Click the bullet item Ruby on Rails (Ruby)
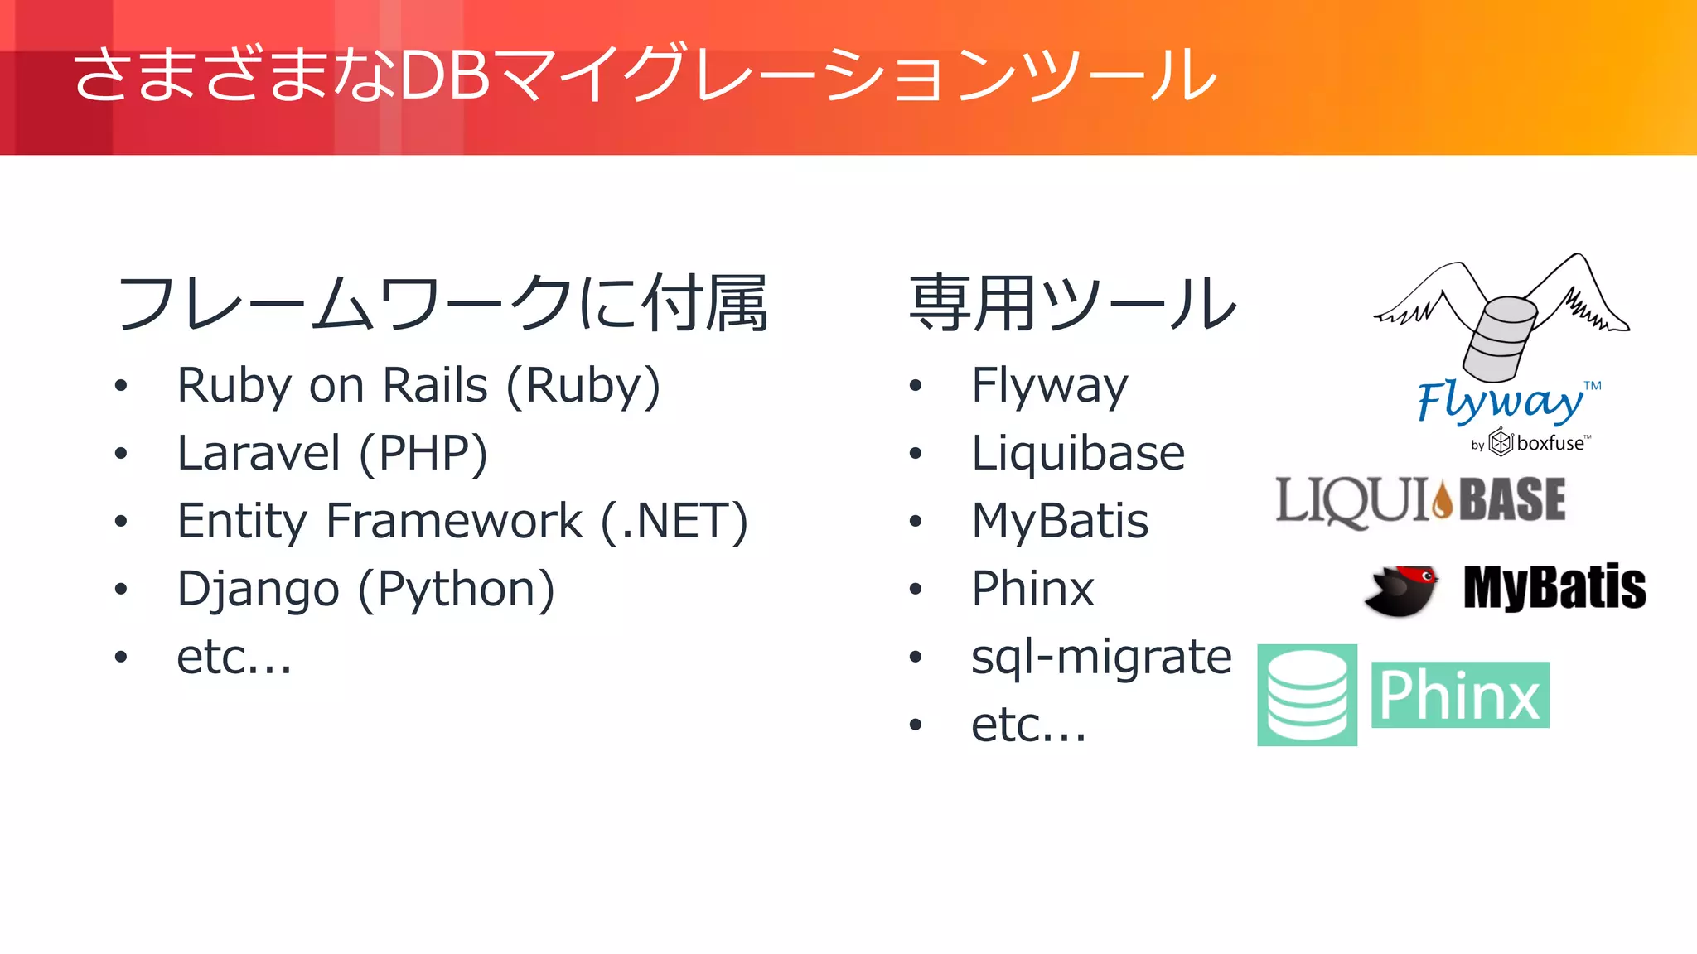tap(418, 386)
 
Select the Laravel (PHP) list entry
tap(332, 454)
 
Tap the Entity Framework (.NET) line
tap(462, 522)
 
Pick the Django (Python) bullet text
tap(365, 590)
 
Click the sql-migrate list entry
tap(1101, 658)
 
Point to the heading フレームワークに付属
tap(442, 303)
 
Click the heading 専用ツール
tap(1073, 303)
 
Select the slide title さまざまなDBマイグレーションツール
tap(645, 75)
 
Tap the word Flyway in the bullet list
tap(1049, 386)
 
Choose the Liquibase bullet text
tap(1078, 454)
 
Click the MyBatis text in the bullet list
tap(1060, 522)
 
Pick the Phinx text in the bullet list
tap(1032, 590)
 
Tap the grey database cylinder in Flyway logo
tap(1500, 338)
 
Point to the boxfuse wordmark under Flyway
tap(1550, 443)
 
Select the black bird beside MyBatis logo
tap(1402, 590)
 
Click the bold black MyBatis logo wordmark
tap(1554, 588)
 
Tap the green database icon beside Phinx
tap(1307, 695)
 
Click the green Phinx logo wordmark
tap(1460, 695)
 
